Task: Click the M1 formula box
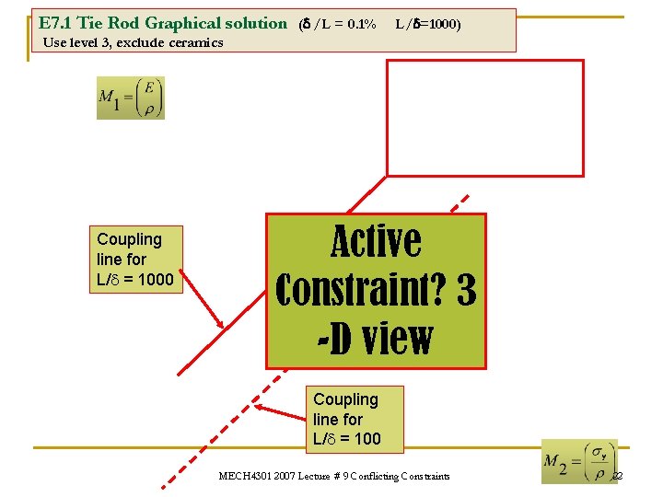(130, 98)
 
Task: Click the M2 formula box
(579, 461)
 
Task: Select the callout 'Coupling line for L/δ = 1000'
(135, 259)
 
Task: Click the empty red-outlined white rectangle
(484, 117)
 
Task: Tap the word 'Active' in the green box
(376, 242)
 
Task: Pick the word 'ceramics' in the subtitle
(195, 42)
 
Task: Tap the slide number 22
(617, 476)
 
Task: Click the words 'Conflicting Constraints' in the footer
(398, 476)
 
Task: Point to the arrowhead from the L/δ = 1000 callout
(222, 326)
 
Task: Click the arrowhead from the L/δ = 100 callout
(257, 407)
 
